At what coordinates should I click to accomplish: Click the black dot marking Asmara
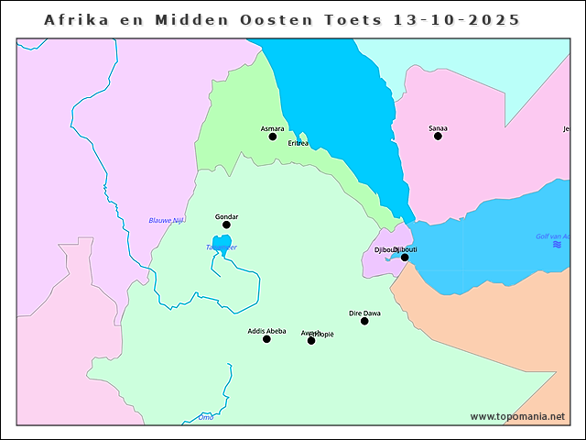click(272, 137)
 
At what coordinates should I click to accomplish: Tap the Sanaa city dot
click(438, 136)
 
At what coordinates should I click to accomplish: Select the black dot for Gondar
click(226, 225)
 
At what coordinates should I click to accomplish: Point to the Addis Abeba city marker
click(266, 339)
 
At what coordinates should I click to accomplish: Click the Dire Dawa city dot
click(364, 321)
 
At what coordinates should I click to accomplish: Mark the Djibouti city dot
click(405, 258)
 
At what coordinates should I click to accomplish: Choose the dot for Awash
click(311, 340)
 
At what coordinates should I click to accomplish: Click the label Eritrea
click(298, 144)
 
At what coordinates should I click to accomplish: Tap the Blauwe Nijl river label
click(167, 220)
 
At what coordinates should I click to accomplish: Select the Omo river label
click(206, 417)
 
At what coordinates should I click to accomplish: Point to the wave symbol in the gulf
click(557, 245)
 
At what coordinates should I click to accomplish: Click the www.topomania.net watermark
click(517, 416)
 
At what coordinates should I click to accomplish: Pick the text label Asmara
click(272, 127)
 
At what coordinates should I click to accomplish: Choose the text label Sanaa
click(438, 127)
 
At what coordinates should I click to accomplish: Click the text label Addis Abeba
click(266, 331)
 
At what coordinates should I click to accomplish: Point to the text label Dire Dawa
click(364, 313)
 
